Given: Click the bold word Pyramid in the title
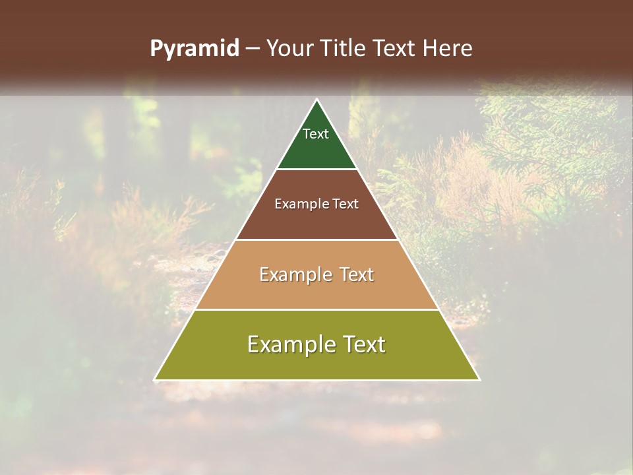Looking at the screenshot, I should coord(194,49).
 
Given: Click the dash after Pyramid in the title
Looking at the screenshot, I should coord(252,49).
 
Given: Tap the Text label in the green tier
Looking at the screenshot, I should coord(316,134).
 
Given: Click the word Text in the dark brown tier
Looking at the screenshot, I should coord(345,204).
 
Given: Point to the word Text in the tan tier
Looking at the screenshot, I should coord(356,274).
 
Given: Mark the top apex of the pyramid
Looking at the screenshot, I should coord(317,100).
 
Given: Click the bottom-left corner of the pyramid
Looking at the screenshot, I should coord(155,379).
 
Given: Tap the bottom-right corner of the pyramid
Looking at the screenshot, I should coord(479,379).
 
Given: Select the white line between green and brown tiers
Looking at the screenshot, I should coord(317,170).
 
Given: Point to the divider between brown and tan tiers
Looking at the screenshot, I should coord(317,239).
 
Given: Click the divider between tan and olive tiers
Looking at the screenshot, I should coord(317,309).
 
